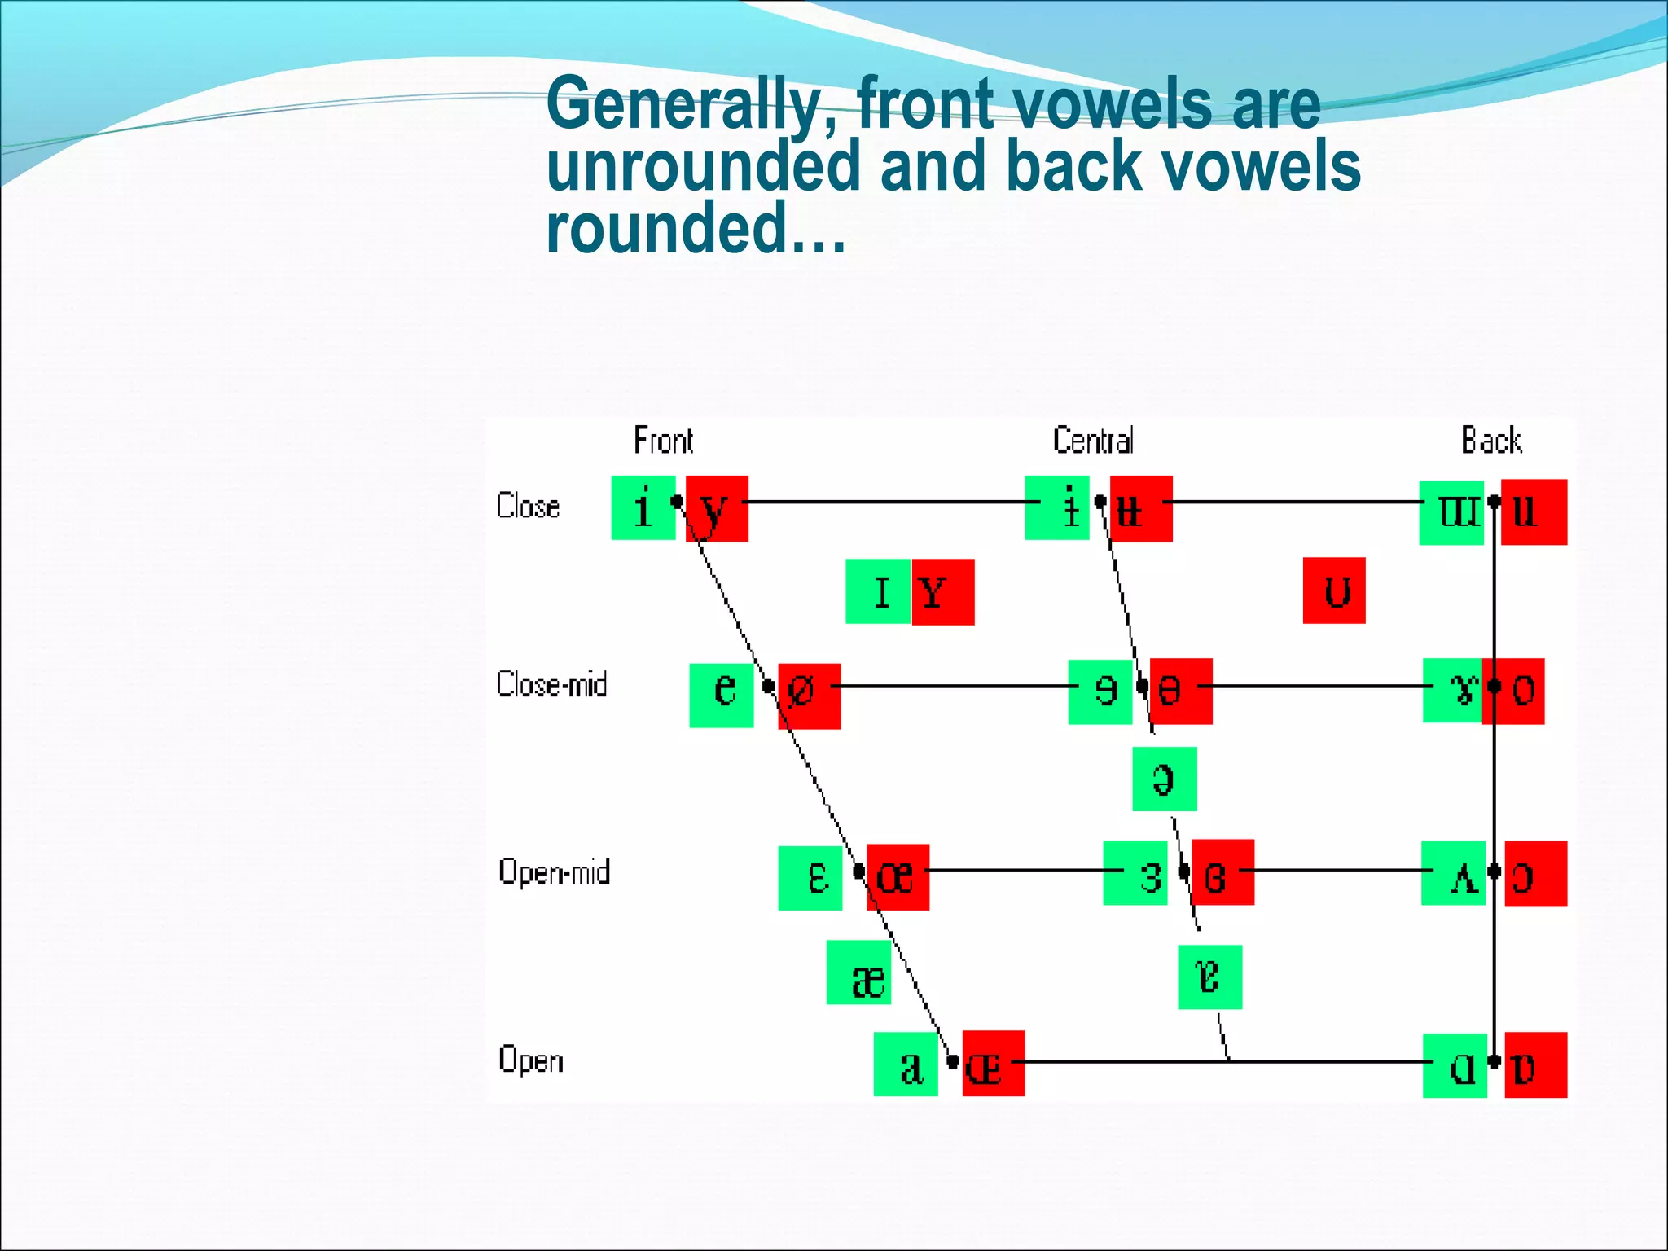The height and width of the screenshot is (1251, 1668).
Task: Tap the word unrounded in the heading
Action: [703, 167]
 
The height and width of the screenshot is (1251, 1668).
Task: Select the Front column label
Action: [663, 441]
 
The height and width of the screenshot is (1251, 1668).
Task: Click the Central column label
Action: [1093, 441]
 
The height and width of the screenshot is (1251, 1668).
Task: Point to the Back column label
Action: [1490, 441]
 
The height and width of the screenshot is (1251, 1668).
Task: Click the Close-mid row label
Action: [552, 685]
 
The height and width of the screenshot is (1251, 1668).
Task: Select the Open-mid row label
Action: [554, 872]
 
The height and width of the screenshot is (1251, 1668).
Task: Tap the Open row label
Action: [530, 1060]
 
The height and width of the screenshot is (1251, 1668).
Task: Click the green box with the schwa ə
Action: [1165, 779]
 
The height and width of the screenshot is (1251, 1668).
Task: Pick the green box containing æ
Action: [859, 973]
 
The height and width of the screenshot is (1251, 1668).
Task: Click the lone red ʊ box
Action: [1334, 591]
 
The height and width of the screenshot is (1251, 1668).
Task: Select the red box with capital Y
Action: [943, 592]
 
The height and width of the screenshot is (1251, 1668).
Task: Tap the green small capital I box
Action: [878, 592]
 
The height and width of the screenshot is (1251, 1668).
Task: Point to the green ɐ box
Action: [1210, 977]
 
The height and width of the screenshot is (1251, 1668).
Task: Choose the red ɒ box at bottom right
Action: [1535, 1065]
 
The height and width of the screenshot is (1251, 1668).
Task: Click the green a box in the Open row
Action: [906, 1065]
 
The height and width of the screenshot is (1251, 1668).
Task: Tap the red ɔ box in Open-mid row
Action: [1535, 874]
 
